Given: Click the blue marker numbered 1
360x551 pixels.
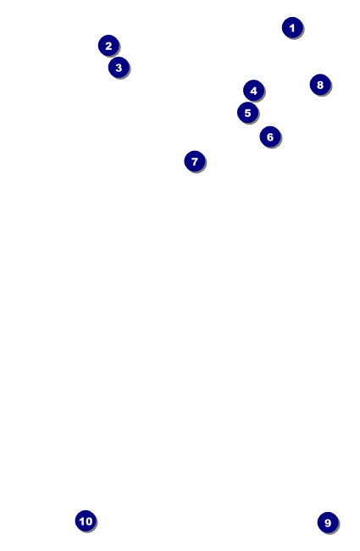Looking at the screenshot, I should point(292,28).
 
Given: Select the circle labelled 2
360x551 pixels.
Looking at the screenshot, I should point(108,46).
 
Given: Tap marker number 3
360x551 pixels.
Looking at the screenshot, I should point(119,67).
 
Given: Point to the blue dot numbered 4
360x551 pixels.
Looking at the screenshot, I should point(253,91).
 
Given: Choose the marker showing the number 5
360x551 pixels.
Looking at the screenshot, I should point(247,113).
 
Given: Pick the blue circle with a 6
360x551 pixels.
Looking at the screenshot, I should point(270,136).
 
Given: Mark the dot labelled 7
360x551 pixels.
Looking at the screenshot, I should point(195,161).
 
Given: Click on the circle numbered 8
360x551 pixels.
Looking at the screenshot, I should point(319,85).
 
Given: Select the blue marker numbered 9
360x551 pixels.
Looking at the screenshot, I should point(328,523).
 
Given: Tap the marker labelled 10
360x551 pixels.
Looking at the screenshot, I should point(86,521).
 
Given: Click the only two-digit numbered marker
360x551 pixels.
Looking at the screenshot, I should point(86,521).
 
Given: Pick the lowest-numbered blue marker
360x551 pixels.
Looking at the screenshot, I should point(292,28).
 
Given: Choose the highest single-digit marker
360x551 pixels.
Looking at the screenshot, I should point(328,523).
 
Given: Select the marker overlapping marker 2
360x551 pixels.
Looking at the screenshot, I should point(119,67).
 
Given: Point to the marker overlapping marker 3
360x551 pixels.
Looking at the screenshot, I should point(108,46).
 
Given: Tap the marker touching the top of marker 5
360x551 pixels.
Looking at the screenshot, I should point(253,91).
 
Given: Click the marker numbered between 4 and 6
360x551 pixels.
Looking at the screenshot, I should point(247,113).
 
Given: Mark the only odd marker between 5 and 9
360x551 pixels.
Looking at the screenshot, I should point(195,161).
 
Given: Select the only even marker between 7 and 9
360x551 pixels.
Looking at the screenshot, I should point(319,85).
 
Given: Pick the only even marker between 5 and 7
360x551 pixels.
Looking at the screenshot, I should point(270,136).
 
